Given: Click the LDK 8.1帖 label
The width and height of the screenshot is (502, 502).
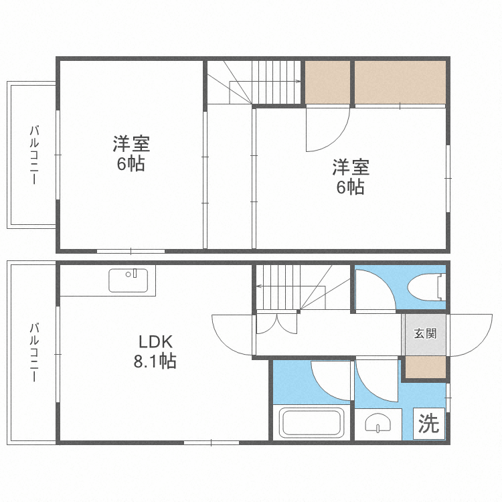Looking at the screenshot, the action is pos(155,351).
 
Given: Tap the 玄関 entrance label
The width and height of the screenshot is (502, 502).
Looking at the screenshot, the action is pos(425,333).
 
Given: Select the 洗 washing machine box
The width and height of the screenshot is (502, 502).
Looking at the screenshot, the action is pos(428,424).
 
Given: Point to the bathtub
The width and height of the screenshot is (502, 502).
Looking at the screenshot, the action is pos(311,422).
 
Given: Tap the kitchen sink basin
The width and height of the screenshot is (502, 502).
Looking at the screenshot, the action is pos(128,280).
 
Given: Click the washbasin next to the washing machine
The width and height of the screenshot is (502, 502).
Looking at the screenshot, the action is pos(378,423).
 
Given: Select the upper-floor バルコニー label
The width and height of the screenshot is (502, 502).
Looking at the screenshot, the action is pos(34,155).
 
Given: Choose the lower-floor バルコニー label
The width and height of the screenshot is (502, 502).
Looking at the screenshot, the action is pos(34,353).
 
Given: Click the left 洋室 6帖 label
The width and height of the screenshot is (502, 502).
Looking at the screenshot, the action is pos(131,154).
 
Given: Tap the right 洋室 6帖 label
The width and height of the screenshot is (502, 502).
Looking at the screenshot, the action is pos(351,177).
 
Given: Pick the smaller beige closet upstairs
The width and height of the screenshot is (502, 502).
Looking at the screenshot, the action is pos(327,82).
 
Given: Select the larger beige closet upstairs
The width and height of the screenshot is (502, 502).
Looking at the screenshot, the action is pos(400,82).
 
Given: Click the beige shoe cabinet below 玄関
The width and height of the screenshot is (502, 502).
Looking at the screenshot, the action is pos(426,367).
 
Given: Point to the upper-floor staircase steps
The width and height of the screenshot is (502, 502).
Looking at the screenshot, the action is pos(276,82).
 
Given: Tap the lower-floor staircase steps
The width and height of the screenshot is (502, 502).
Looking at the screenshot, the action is pos(278,287).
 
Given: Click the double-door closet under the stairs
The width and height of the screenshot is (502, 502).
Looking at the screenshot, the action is pos(276,324).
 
